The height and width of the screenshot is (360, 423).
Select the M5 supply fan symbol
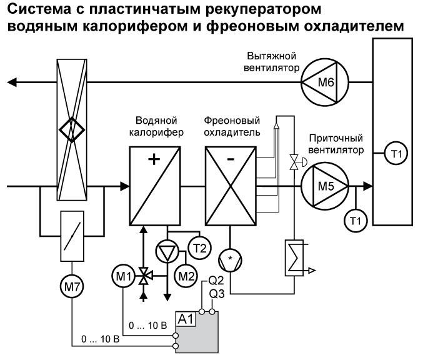pos(325,186)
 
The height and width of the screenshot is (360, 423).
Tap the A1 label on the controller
pos(186,319)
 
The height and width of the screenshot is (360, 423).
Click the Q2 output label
pos(216,281)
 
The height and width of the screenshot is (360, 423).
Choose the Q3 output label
pos(217,294)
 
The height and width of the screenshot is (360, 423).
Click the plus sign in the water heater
pos(154,159)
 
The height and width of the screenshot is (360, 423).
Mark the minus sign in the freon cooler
pos(231,159)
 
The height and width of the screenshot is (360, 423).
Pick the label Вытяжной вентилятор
pos(271,62)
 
